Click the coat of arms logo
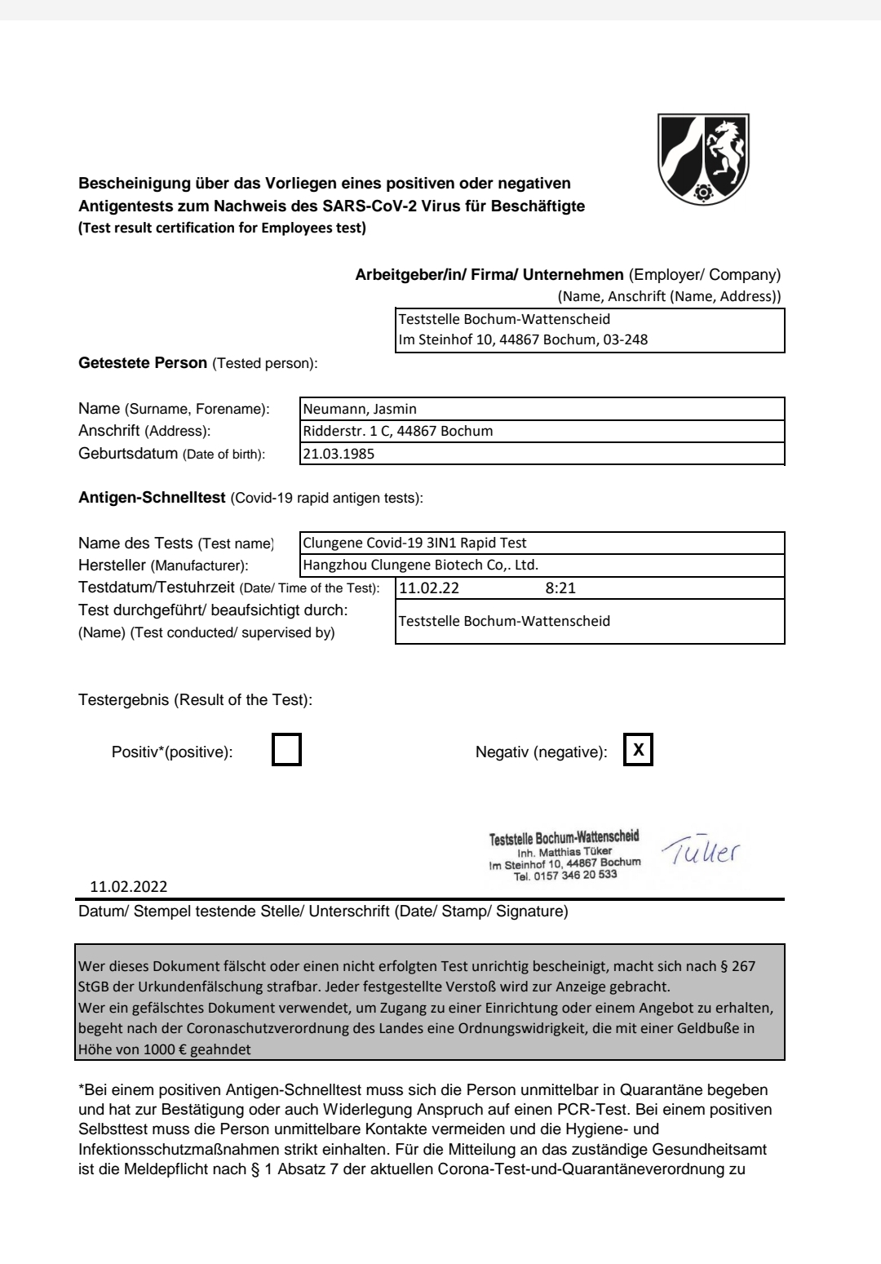703,158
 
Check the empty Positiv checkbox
286,751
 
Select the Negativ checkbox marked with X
639,751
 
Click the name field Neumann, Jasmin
360,410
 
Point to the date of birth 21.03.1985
339,454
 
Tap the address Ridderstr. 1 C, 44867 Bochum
397,431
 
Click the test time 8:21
560,588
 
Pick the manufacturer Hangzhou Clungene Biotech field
421,565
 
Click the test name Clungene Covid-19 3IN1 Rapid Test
414,543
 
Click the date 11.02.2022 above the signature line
130,887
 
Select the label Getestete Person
143,363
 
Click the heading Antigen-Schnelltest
152,498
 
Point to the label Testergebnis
124,700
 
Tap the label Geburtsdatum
127,454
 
